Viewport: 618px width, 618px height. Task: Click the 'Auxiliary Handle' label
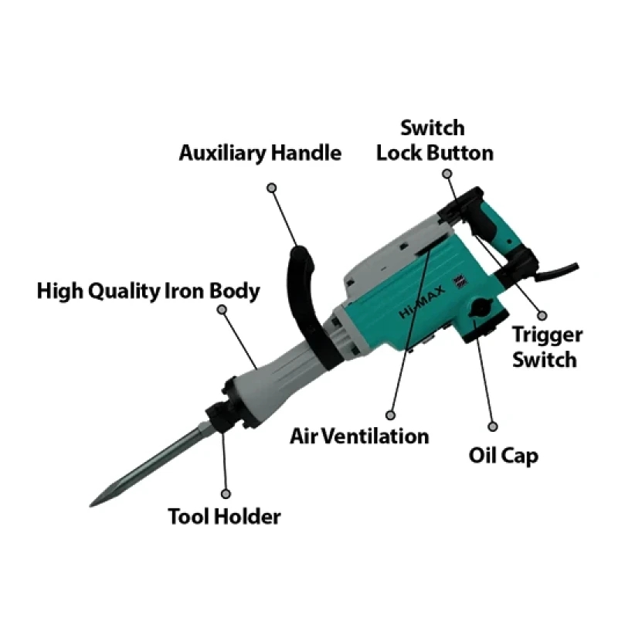coord(260,152)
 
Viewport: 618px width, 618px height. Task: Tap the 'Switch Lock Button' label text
coord(434,140)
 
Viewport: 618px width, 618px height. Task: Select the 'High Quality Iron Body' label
coord(148,291)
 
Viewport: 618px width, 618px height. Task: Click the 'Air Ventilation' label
coord(359,436)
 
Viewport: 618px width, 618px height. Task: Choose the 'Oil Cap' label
coord(503,454)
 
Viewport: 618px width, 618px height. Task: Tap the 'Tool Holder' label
coord(224,516)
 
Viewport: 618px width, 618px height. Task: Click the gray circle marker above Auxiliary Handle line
coord(271,187)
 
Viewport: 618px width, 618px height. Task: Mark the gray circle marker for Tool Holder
coord(226,492)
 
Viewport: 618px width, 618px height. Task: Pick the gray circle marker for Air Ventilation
coord(391,415)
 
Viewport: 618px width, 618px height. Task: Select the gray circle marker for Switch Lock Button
coord(446,175)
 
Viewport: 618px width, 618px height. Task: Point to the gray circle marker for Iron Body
coord(222,310)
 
